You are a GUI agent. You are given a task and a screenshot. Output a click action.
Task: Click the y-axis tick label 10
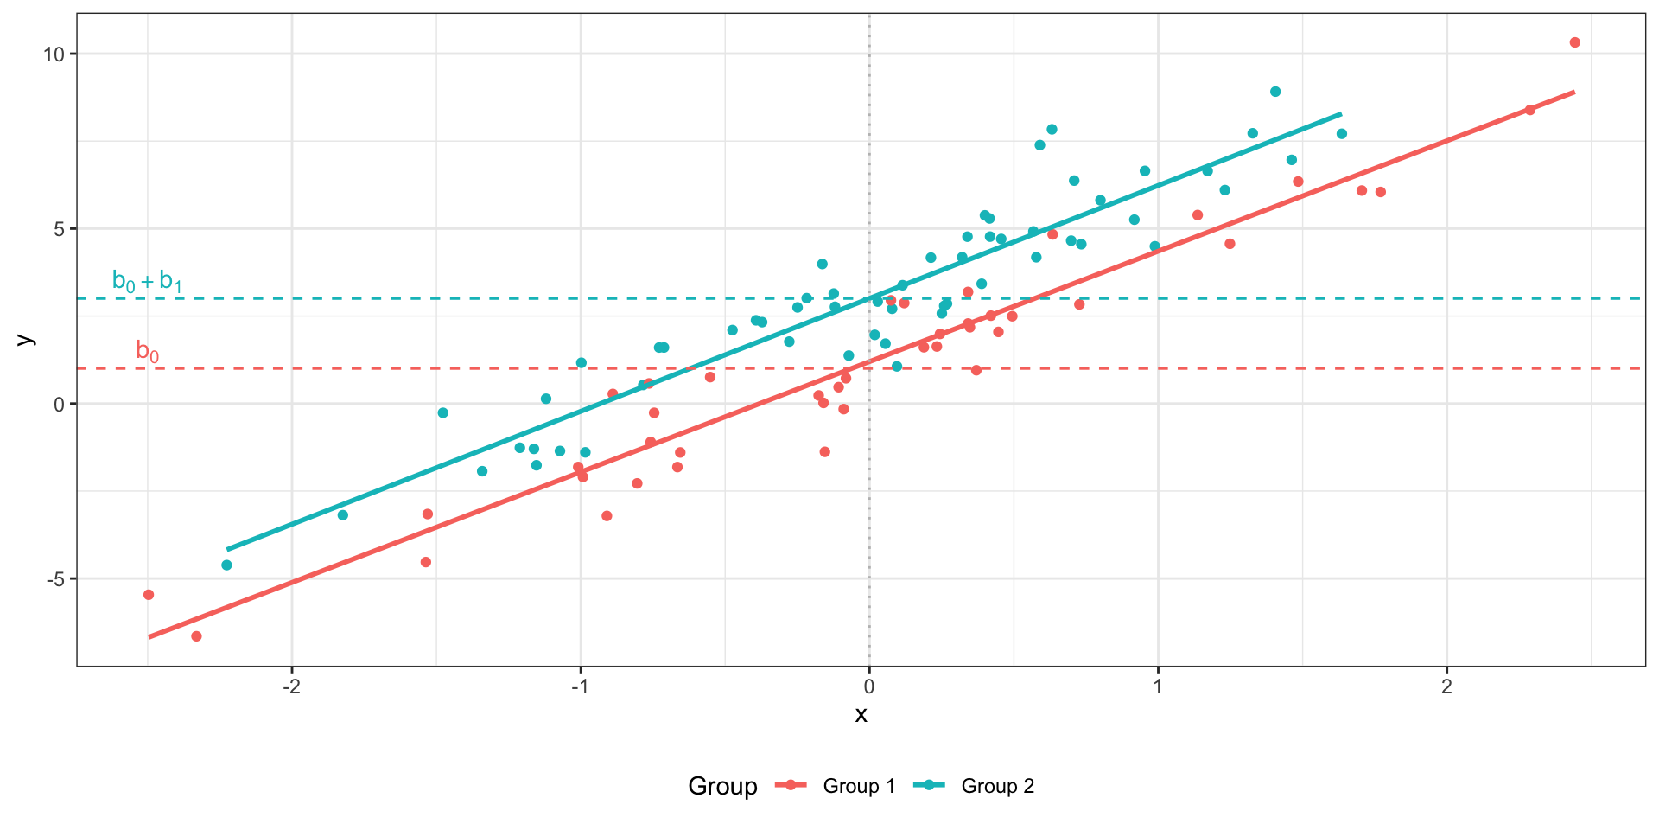pyautogui.click(x=54, y=54)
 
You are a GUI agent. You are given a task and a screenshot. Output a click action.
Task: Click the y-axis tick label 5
pyautogui.click(x=59, y=229)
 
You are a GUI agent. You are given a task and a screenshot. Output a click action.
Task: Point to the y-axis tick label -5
pyautogui.click(x=55, y=578)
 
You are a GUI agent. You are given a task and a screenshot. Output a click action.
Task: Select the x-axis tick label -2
pyautogui.click(x=291, y=687)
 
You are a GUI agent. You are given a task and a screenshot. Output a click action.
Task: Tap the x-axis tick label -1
pyautogui.click(x=580, y=687)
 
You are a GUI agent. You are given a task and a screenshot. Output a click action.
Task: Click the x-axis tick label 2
pyautogui.click(x=1446, y=687)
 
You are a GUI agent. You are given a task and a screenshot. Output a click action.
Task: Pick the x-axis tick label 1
pyautogui.click(x=1158, y=687)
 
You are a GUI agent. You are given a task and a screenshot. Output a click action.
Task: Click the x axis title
pyautogui.click(x=861, y=715)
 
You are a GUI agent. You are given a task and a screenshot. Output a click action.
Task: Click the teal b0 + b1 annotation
pyautogui.click(x=147, y=282)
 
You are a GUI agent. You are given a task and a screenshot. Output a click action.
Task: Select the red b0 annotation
pyautogui.click(x=148, y=351)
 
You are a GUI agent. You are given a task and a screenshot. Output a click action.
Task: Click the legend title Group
pyautogui.click(x=722, y=786)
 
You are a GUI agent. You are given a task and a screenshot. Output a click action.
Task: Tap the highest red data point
pyautogui.click(x=1574, y=42)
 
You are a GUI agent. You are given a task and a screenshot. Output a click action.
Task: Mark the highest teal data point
pyautogui.click(x=1275, y=92)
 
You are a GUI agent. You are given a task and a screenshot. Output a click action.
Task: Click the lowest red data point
pyautogui.click(x=196, y=636)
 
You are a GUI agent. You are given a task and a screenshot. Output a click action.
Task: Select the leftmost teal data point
pyautogui.click(x=226, y=565)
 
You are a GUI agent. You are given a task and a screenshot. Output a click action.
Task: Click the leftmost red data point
pyautogui.click(x=149, y=595)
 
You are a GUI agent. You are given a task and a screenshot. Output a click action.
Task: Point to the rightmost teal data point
pyautogui.click(x=1342, y=134)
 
